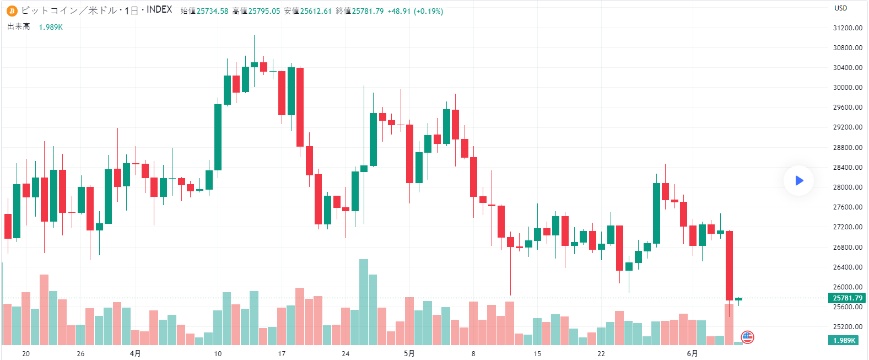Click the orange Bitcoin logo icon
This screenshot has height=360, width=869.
pyautogui.click(x=12, y=11)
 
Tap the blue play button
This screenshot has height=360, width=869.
pyautogui.click(x=799, y=180)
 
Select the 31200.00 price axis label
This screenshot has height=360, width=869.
pyautogui.click(x=848, y=28)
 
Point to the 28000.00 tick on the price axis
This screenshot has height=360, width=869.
pyautogui.click(x=848, y=187)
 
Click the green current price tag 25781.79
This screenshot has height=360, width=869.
pyautogui.click(x=847, y=298)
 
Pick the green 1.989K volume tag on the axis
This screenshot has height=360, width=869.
pyautogui.click(x=844, y=341)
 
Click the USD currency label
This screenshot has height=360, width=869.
pyautogui.click(x=841, y=8)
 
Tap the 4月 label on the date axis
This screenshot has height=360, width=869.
pyautogui.click(x=135, y=353)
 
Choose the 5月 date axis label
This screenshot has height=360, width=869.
pyautogui.click(x=409, y=353)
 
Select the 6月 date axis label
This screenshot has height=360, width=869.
pyautogui.click(x=692, y=353)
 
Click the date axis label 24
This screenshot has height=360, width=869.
pyautogui.click(x=346, y=353)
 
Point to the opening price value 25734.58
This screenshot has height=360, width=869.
pyautogui.click(x=212, y=11)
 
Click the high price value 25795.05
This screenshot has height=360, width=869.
pyautogui.click(x=264, y=11)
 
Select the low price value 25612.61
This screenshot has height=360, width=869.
pyautogui.click(x=316, y=11)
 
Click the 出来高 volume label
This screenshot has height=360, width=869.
pyautogui.click(x=19, y=27)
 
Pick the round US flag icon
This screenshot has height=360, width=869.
pyautogui.click(x=747, y=337)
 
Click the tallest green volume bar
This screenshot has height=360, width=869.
pyautogui.click(x=364, y=302)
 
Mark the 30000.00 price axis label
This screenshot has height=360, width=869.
pyautogui.click(x=848, y=88)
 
